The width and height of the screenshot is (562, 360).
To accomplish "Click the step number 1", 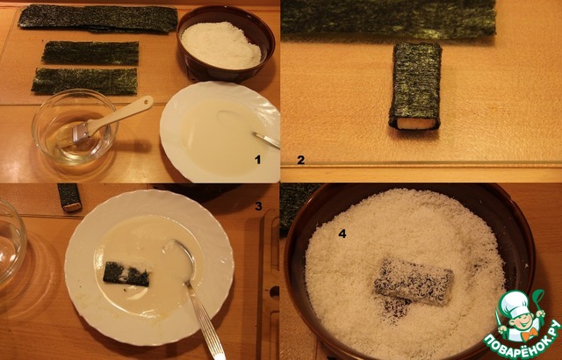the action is pyautogui.click(x=257, y=160).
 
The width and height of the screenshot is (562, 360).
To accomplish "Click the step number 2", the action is pyautogui.click(x=300, y=160).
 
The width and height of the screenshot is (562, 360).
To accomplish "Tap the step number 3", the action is pyautogui.click(x=258, y=206).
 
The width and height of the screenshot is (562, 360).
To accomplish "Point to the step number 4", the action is pyautogui.click(x=342, y=234).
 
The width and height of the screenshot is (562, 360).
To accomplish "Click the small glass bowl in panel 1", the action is pyautogui.click(x=75, y=126).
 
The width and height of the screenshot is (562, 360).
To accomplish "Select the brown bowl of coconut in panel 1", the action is pyautogui.click(x=226, y=44).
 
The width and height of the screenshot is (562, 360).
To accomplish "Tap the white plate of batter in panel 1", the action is pyautogui.click(x=220, y=133).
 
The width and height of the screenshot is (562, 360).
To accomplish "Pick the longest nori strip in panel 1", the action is pyautogui.click(x=97, y=18).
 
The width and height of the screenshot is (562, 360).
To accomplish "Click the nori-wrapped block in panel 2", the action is pyautogui.click(x=415, y=86).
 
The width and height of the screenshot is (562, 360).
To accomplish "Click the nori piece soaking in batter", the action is pyautogui.click(x=126, y=274).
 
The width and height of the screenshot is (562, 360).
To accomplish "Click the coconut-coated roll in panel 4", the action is pyautogui.click(x=414, y=282).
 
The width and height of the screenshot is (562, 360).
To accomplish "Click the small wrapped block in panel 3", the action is pyautogui.click(x=69, y=198).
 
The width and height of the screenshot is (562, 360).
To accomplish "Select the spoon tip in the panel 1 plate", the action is pyautogui.click(x=256, y=134).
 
